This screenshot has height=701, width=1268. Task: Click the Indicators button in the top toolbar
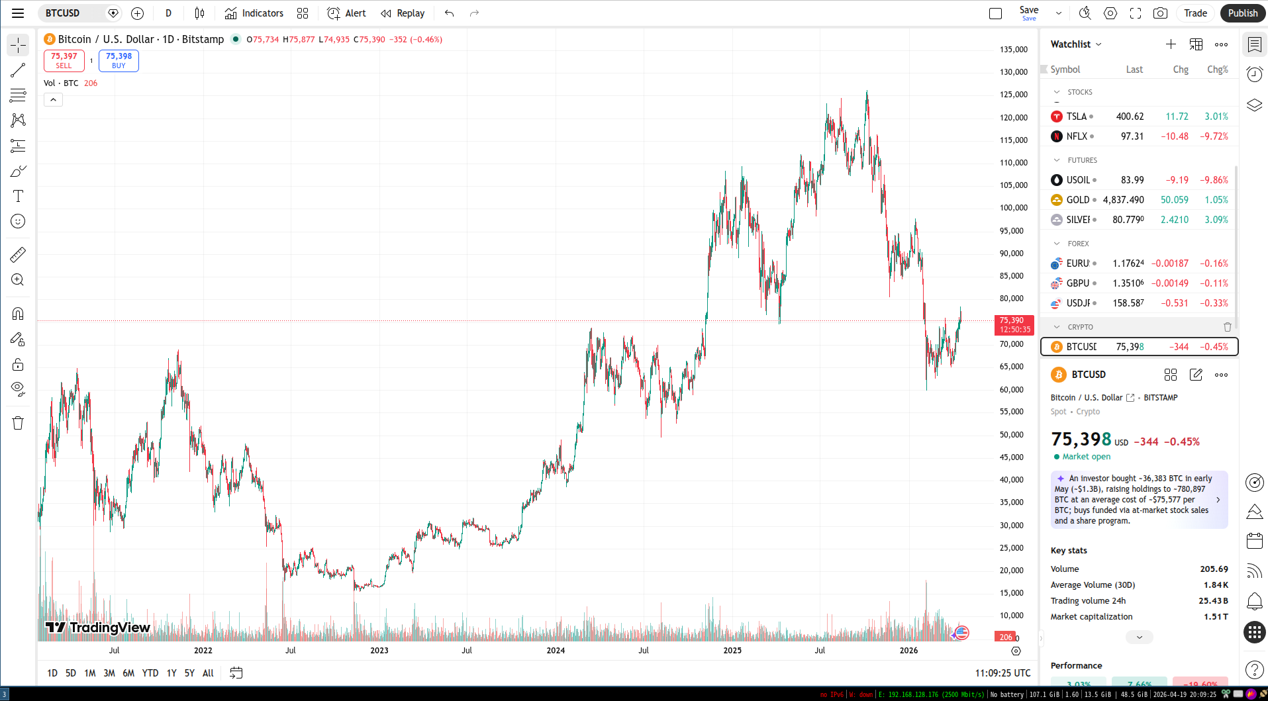(x=254, y=13)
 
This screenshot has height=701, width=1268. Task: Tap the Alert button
(x=346, y=13)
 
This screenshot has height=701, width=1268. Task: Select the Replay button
(x=403, y=13)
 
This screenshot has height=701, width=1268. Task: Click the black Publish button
(x=1242, y=13)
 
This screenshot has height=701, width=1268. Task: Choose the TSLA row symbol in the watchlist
(x=1076, y=117)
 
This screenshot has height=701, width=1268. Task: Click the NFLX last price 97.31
(x=1132, y=136)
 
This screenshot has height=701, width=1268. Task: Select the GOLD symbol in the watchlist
(x=1077, y=200)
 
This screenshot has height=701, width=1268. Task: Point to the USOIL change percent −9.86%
(x=1214, y=180)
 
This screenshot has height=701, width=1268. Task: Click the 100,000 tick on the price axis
(x=1013, y=208)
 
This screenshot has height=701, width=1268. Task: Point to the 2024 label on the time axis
(x=556, y=651)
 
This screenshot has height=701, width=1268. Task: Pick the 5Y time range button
(x=189, y=673)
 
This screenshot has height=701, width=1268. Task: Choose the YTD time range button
(x=150, y=673)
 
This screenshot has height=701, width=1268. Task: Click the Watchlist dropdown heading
(x=1076, y=44)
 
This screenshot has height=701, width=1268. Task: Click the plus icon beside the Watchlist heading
(x=1171, y=44)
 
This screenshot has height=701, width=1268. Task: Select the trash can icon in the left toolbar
(x=18, y=424)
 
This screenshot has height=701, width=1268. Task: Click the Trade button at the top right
(x=1195, y=13)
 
